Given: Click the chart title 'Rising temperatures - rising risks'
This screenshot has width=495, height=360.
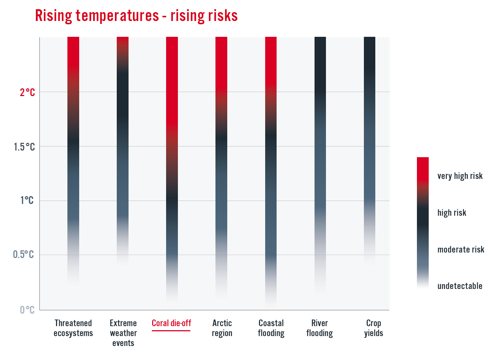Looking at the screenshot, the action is click(x=136, y=16).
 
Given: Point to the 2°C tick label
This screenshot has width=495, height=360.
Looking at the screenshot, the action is click(x=27, y=92).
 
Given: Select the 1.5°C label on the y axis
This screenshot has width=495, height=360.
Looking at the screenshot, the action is click(x=24, y=147).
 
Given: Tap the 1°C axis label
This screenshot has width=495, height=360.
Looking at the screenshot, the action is click(x=27, y=200).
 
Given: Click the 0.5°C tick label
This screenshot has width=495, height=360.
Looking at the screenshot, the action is click(x=24, y=254).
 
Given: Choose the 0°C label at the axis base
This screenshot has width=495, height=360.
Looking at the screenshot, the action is click(x=27, y=310).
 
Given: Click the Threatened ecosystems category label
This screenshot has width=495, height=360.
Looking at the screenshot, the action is click(x=73, y=328).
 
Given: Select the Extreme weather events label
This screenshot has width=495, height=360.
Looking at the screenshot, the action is click(x=123, y=333).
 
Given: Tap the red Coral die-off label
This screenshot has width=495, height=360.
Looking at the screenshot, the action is click(x=171, y=323).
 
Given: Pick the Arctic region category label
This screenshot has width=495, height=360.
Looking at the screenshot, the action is click(x=222, y=328).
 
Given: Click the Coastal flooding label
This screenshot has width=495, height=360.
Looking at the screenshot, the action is click(x=271, y=328).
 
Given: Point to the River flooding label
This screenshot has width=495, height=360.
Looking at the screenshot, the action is click(x=320, y=328).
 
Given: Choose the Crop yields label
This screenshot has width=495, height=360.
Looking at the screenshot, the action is click(x=374, y=328).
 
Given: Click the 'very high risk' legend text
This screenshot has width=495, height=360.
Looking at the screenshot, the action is click(x=460, y=176).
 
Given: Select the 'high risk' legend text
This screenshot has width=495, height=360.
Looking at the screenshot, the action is click(x=452, y=213).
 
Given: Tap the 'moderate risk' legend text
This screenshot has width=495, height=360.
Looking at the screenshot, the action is click(x=461, y=250).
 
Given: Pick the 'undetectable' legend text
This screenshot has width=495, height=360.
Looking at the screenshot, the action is click(x=460, y=286).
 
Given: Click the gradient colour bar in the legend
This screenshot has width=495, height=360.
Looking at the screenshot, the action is click(x=423, y=223).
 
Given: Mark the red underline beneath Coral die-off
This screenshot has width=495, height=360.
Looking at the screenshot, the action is click(x=171, y=331).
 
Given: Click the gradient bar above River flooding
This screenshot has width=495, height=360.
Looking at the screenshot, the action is click(x=320, y=168).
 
